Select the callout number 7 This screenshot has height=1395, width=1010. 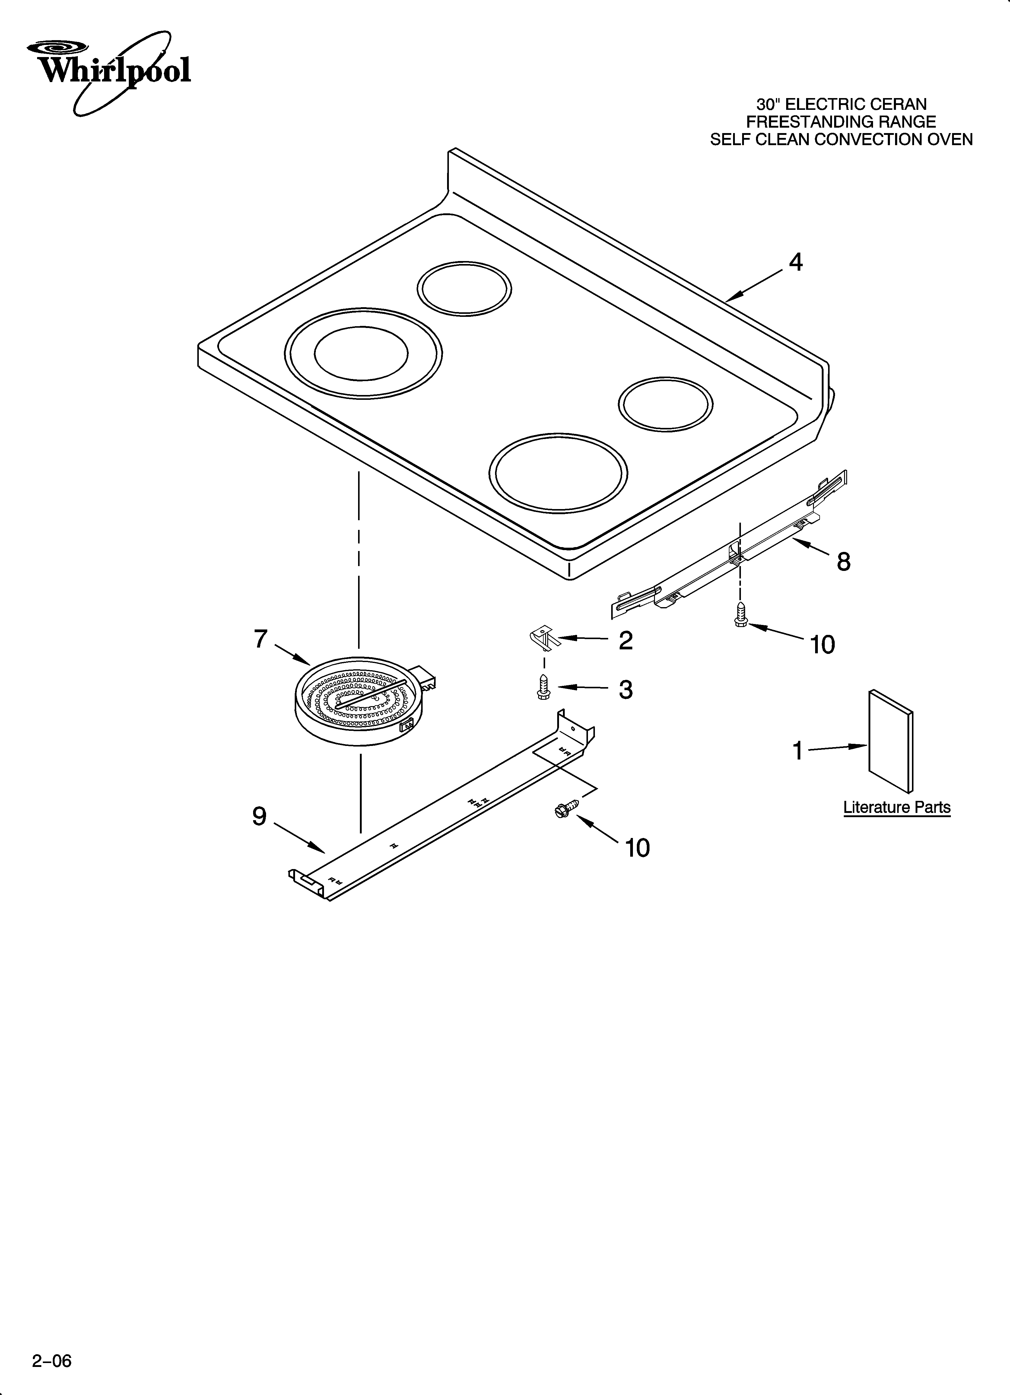[261, 640]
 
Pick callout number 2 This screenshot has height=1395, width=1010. [626, 640]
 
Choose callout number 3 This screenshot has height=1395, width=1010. [626, 690]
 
